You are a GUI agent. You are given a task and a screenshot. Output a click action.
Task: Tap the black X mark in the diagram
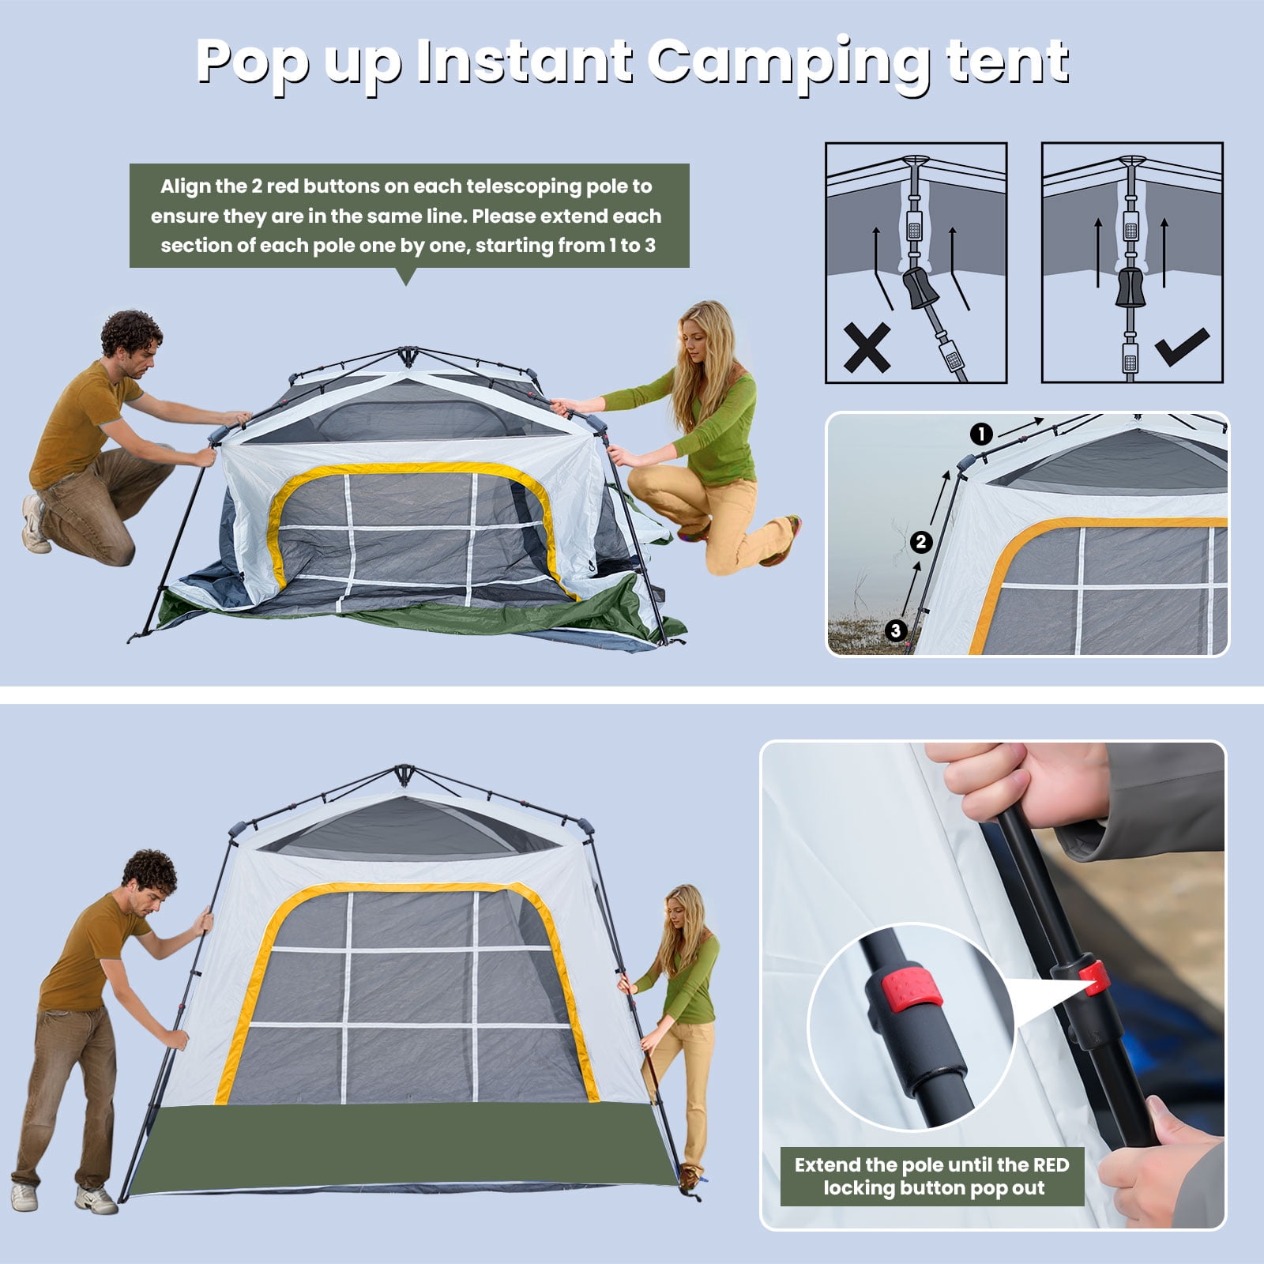867,347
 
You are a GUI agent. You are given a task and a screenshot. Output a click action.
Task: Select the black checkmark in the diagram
1181,347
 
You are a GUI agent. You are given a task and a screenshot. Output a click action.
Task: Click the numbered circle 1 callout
981,434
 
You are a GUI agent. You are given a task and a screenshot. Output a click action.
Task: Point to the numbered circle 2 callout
920,542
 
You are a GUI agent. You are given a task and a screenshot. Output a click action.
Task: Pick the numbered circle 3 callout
895,630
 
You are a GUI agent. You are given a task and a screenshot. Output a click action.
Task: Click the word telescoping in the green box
521,187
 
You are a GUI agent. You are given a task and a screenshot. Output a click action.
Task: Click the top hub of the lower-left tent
404,772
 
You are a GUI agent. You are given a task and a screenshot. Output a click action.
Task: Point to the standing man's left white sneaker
23,1194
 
